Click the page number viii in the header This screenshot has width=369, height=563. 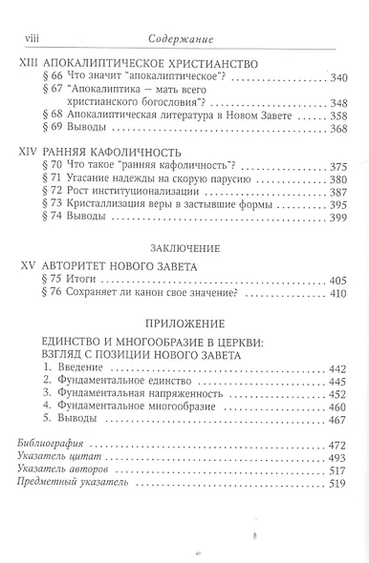point(30,38)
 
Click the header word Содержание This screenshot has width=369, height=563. point(186,38)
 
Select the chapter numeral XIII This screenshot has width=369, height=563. point(30,61)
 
